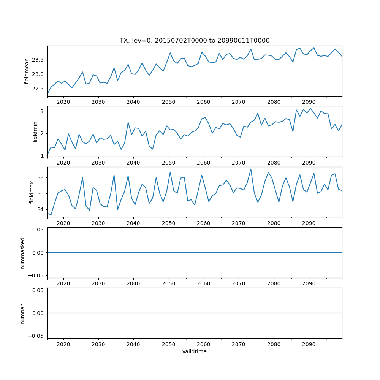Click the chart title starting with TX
[195, 40]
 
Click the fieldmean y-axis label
[27, 71]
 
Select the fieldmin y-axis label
[35, 131]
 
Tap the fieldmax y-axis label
[32, 192]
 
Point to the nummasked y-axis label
[22, 253]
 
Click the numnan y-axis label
[22, 313]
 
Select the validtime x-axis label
[195, 351]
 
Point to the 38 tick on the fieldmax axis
[41, 177]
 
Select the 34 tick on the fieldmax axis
[41, 209]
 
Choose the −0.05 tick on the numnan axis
[36, 336]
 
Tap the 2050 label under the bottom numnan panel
[168, 344]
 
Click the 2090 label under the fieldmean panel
[309, 102]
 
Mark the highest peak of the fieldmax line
[251, 169]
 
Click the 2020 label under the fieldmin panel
[63, 163]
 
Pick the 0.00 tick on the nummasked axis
[37, 252]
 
